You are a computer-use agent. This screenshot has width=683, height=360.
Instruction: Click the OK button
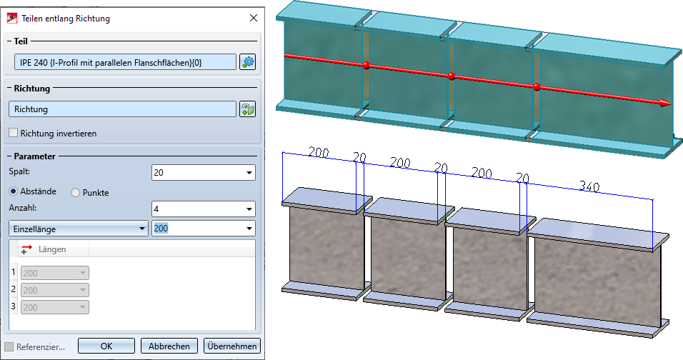click(106, 346)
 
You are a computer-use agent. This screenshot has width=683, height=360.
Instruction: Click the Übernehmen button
click(231, 346)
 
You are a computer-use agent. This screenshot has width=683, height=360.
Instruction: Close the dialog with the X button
click(252, 17)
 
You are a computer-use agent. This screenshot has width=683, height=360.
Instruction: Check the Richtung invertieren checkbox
click(14, 133)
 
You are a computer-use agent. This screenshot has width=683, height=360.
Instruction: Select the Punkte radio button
click(76, 191)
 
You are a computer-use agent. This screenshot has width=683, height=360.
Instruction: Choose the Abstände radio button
click(14, 191)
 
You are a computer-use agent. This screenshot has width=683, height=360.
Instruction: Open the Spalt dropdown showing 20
click(204, 172)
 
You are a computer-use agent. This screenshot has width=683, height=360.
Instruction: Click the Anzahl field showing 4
click(204, 209)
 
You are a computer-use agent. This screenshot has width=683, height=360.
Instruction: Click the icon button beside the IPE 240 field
click(248, 62)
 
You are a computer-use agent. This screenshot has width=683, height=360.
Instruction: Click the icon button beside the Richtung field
click(248, 109)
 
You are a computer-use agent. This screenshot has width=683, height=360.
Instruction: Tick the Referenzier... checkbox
click(9, 346)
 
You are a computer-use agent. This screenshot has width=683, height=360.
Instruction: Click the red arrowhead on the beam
click(664, 103)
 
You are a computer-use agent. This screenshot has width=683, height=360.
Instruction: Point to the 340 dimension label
click(589, 187)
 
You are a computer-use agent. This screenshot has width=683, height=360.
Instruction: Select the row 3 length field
click(55, 307)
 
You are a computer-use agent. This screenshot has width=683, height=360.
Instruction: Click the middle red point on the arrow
click(451, 76)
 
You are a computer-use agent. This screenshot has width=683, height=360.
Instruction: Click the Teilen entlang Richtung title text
click(66, 17)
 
